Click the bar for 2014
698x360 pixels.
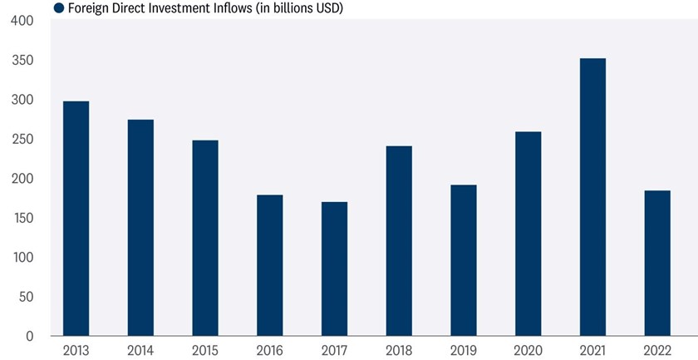coord(140,228)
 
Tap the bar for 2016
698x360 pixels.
coord(269,265)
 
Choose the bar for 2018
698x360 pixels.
coord(399,241)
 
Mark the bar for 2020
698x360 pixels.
coord(528,234)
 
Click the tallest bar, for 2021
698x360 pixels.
coord(592,197)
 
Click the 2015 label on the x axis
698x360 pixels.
coord(205,349)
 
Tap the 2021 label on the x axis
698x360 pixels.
coord(592,349)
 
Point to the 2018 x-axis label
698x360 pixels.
coord(399,349)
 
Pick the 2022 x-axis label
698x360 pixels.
coord(657,349)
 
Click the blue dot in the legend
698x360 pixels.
coord(58,8)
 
